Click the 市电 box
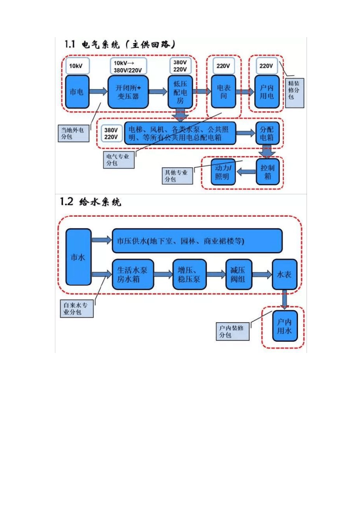coord(77,92)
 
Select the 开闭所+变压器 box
coord(128,92)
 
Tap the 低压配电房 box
coord(180,92)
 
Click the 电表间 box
coord(224,92)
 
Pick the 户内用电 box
coord(267,92)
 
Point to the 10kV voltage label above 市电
coord(77,66)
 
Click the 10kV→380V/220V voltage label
coord(128,66)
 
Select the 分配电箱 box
coord(267,133)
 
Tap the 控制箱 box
coord(268,172)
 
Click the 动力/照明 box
coord(223,172)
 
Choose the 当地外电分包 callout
coord(74,133)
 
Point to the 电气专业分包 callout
coord(119,159)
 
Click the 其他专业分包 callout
coord(177,176)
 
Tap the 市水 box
coord(78,257)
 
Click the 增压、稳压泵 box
coord(189,275)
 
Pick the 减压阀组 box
coord(238,275)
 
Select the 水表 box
coord(284,275)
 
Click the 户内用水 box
coord(284,326)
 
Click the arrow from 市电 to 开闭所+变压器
coord(98,92)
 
